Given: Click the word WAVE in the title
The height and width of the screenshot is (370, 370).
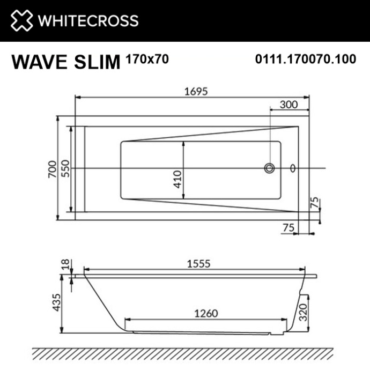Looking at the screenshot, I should [38, 62].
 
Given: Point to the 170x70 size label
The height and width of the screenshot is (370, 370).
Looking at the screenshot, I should [146, 59].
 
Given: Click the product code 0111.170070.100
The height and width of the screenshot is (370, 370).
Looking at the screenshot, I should [305, 59].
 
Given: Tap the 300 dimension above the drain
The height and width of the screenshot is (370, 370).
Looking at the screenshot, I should [289, 105].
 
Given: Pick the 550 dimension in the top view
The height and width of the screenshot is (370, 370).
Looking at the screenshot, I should [64, 169].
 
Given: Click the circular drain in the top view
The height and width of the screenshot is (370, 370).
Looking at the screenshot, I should [269, 168].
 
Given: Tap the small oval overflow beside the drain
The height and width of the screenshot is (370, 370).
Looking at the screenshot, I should [292, 168].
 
